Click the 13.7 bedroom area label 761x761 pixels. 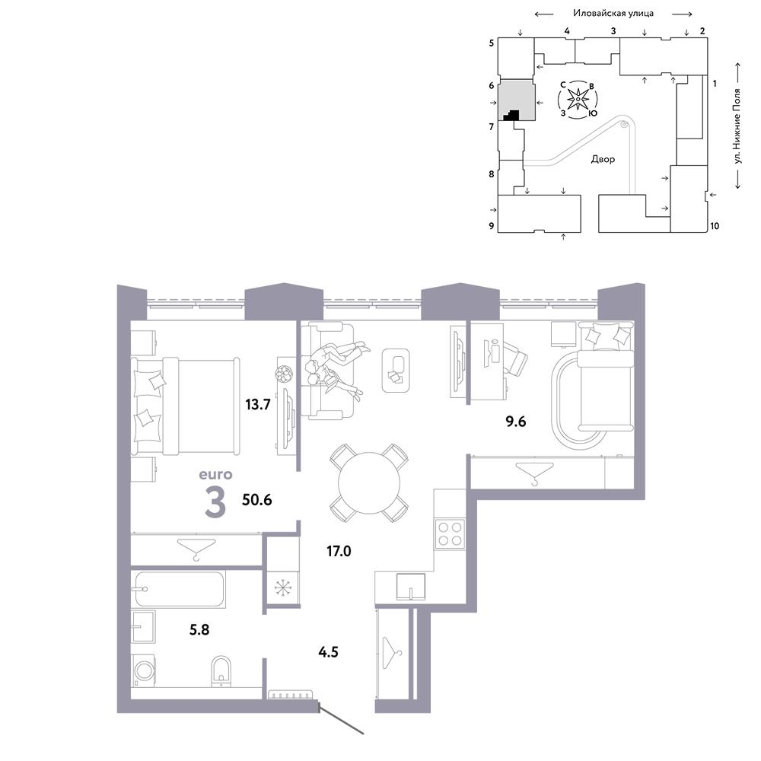click(x=257, y=404)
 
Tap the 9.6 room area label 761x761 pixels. click(x=515, y=422)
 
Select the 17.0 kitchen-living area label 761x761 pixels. click(x=339, y=551)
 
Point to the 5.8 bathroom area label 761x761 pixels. click(x=199, y=630)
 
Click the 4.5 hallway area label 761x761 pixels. click(x=328, y=652)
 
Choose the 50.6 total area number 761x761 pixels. click(x=256, y=500)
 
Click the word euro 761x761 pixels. click(x=215, y=474)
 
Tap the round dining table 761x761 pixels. click(x=369, y=483)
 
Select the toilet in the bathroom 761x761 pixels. click(x=221, y=671)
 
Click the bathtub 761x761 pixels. click(x=179, y=590)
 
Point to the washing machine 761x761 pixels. click(x=144, y=670)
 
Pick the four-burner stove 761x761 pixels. click(x=450, y=534)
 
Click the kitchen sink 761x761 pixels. click(x=411, y=587)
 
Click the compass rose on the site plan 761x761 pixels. click(x=578, y=100)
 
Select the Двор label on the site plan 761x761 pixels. click(x=603, y=159)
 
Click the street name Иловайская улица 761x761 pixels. click(x=613, y=14)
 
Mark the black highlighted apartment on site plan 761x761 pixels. click(x=511, y=116)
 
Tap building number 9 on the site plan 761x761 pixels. click(x=491, y=226)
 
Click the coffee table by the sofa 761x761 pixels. click(x=396, y=371)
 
